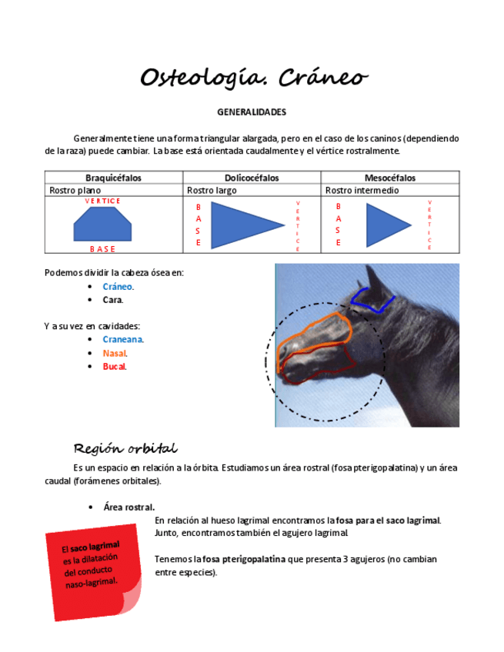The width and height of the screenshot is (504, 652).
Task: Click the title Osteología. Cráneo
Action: tap(253, 78)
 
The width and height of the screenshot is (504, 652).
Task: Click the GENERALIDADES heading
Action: tap(252, 112)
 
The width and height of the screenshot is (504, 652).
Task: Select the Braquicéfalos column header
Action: tap(113, 178)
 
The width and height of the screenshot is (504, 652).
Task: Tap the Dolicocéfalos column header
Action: tap(252, 178)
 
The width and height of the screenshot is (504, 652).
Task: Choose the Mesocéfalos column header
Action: tap(390, 178)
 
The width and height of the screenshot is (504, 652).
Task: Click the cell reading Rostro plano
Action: tap(75, 190)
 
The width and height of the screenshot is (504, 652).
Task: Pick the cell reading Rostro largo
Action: tap(212, 190)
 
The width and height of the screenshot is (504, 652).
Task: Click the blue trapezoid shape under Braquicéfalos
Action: tap(102, 224)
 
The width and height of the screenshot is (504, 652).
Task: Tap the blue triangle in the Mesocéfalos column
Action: tap(385, 225)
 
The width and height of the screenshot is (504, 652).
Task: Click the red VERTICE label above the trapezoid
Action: tap(102, 201)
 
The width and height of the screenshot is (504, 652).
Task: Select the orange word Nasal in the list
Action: tap(115, 353)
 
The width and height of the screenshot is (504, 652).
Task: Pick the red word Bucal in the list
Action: tap(114, 366)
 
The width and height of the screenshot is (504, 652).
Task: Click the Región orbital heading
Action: tap(125, 447)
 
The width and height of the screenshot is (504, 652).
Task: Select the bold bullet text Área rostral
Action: tap(129, 507)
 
